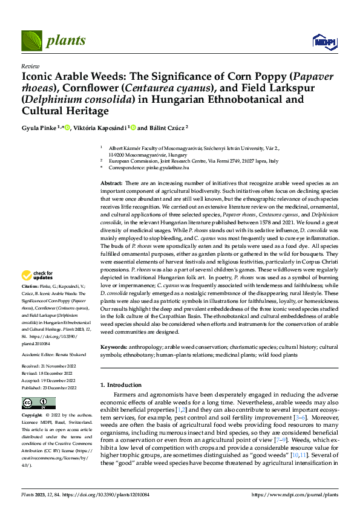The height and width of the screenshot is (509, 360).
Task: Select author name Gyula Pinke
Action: point(38,128)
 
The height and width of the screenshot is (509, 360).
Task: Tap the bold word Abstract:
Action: point(111,183)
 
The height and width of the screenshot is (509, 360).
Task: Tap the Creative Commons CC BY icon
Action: point(38,403)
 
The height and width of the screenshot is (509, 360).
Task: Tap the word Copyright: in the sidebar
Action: point(32,415)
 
